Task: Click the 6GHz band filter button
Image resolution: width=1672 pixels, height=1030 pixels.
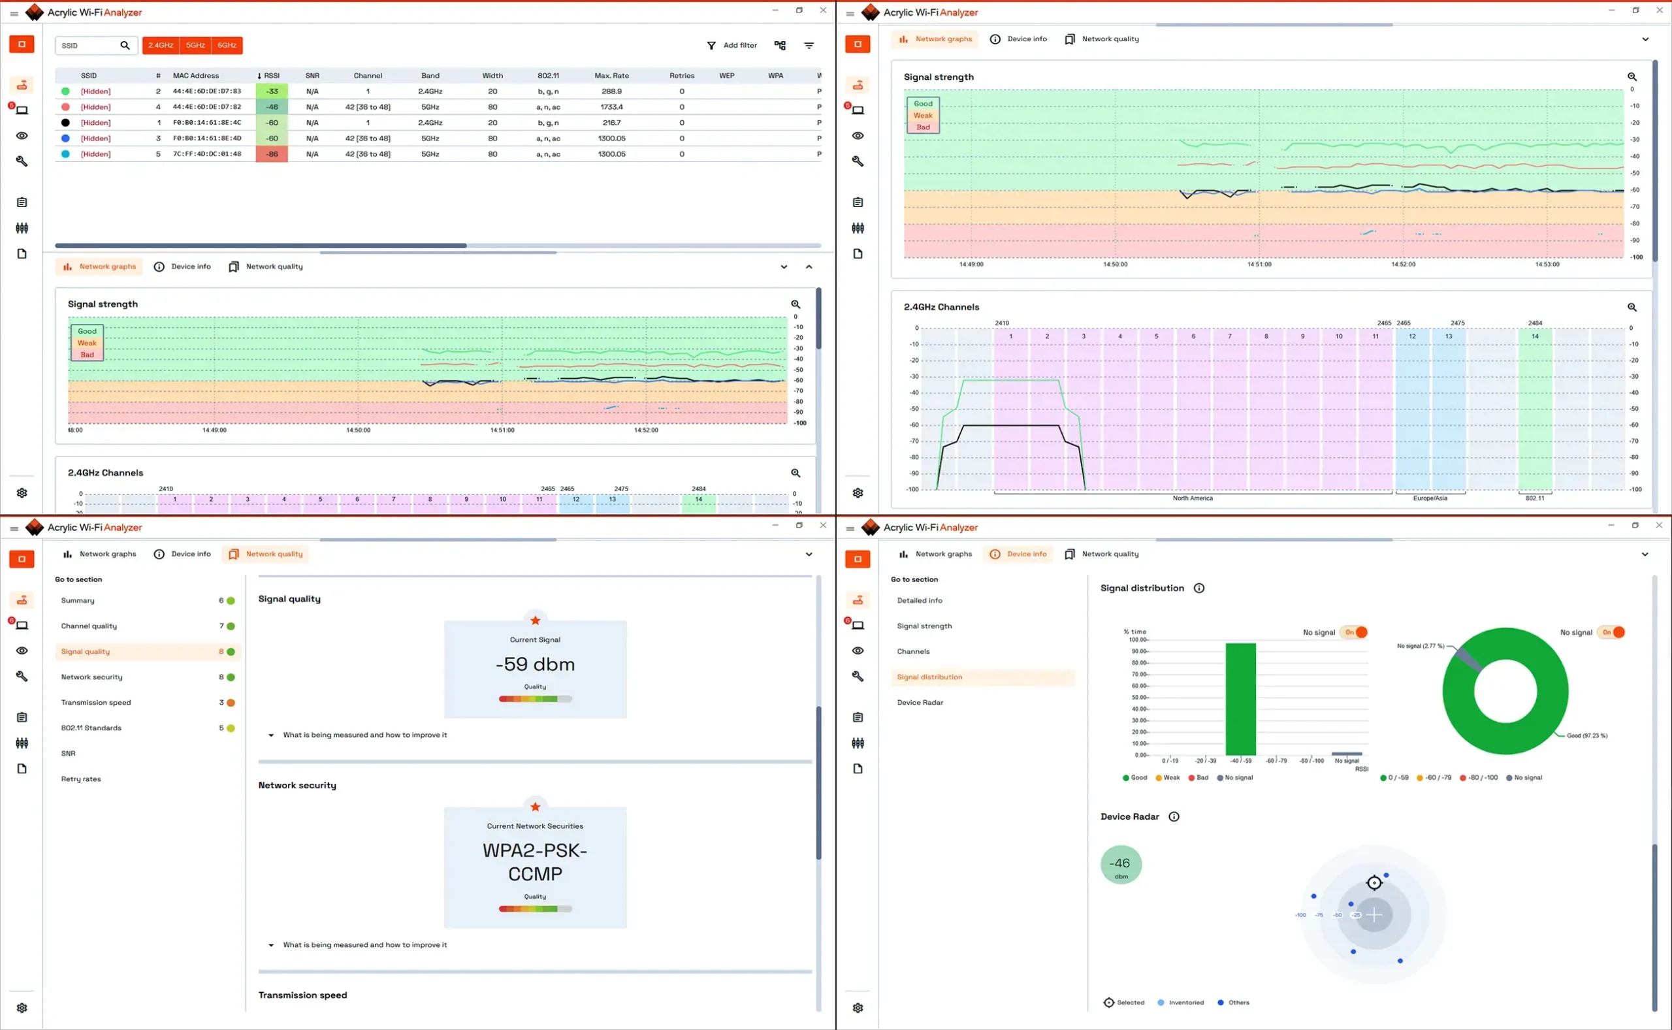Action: point(227,45)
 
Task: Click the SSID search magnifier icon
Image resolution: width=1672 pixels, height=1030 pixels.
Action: point(125,45)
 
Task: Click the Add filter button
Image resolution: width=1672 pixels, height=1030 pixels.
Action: point(732,45)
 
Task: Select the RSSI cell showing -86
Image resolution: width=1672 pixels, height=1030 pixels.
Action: point(272,154)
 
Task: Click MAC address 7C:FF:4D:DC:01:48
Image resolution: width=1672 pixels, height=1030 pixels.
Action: point(206,154)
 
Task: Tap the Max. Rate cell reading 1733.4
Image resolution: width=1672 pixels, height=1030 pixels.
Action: point(611,107)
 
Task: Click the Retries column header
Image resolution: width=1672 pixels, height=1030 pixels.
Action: point(681,76)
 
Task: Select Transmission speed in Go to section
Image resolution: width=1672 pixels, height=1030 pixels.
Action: point(96,702)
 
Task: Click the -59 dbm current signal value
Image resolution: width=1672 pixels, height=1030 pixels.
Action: point(535,664)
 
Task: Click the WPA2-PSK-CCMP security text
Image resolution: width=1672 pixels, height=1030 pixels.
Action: point(535,861)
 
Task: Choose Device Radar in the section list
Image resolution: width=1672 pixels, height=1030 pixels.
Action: point(920,702)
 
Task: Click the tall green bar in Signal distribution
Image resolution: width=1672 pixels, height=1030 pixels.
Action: point(1240,698)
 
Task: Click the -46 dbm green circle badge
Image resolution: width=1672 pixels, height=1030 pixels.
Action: point(1120,865)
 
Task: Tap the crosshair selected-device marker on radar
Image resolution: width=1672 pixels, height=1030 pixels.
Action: point(1374,883)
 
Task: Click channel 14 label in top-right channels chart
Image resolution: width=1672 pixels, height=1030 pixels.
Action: point(1534,336)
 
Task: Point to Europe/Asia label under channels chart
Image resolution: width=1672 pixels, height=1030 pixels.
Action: point(1430,498)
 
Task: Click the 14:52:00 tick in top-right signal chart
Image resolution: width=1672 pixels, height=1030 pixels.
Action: point(1403,265)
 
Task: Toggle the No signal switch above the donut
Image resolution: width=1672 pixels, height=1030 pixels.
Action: point(1611,632)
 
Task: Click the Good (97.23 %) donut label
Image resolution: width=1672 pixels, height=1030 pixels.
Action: point(1586,735)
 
